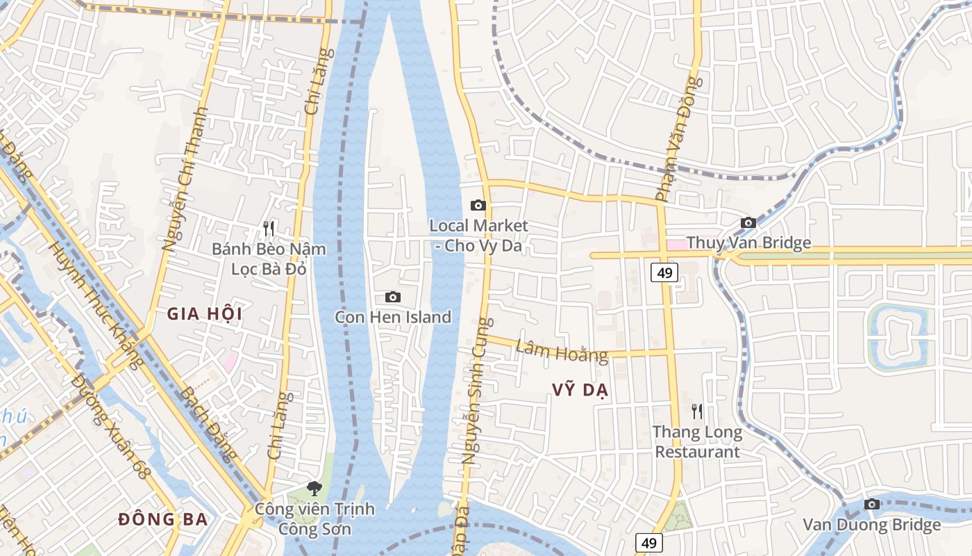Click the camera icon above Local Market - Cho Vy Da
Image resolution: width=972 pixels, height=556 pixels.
click(x=478, y=205)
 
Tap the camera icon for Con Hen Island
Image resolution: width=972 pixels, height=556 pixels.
click(x=392, y=297)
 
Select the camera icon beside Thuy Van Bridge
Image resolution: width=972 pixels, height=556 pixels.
click(x=748, y=223)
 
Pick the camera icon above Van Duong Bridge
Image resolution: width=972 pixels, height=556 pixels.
click(x=871, y=505)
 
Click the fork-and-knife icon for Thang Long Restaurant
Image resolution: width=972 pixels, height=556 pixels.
click(x=697, y=411)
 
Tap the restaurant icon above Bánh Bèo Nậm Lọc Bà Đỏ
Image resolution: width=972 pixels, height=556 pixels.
click(x=269, y=228)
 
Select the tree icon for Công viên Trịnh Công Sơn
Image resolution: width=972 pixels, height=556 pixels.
click(x=315, y=489)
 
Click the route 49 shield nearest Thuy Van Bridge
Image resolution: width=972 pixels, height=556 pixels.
click(x=664, y=272)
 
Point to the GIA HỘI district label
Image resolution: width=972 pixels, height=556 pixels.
click(x=204, y=314)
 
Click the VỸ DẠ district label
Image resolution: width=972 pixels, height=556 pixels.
click(x=580, y=391)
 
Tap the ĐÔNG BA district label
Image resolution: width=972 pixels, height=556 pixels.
click(x=163, y=519)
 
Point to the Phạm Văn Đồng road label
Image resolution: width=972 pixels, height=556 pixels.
click(x=678, y=139)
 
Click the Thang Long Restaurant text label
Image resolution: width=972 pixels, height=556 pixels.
click(x=697, y=442)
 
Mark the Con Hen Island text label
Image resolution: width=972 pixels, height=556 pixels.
click(x=392, y=318)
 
